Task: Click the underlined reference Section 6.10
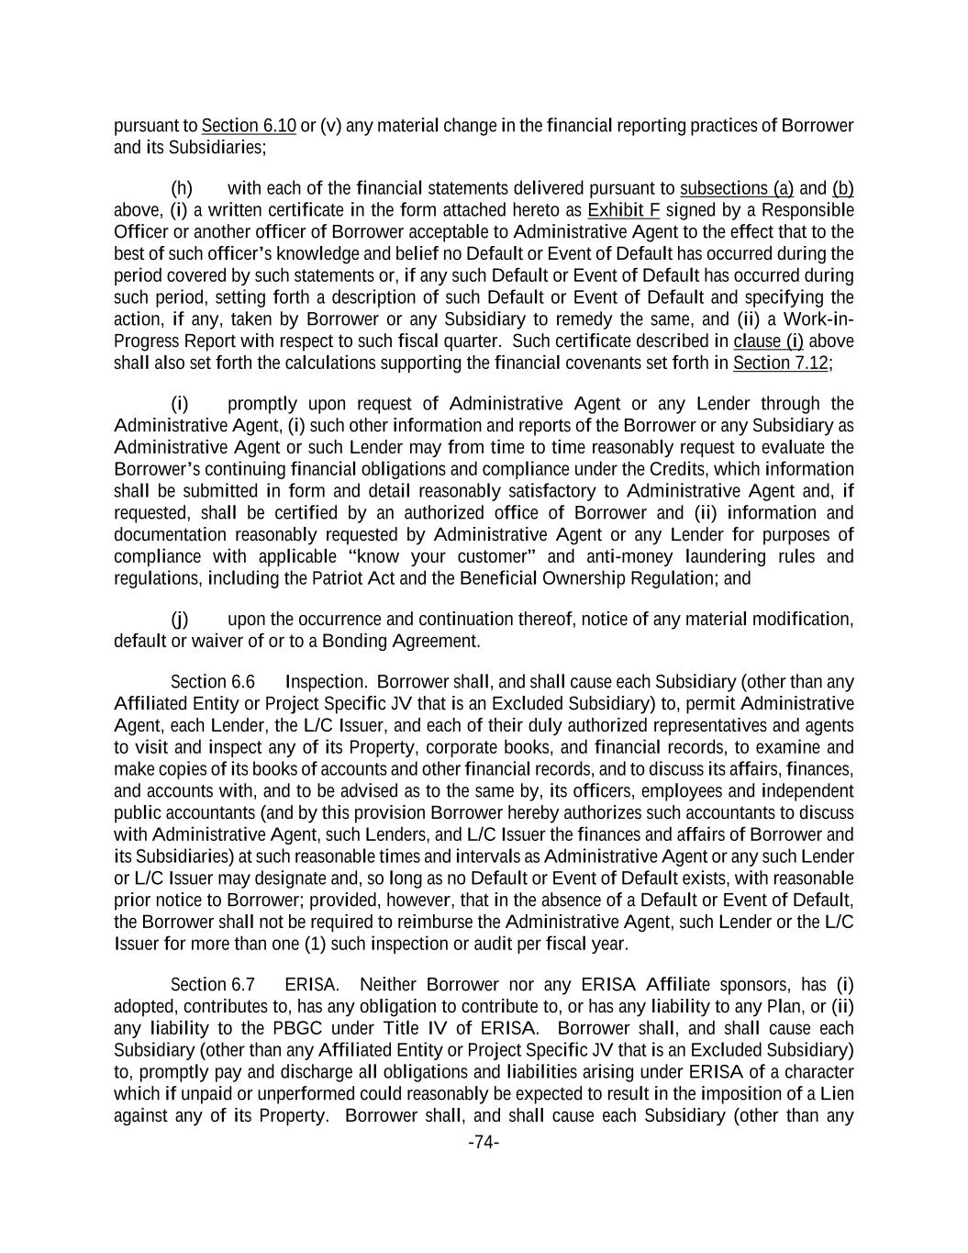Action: coord(248,126)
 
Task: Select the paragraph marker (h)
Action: coord(182,189)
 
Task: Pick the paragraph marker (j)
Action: coord(180,620)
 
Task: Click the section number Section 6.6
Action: coord(213,682)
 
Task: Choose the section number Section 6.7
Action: coord(213,985)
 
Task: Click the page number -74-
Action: coord(484,1143)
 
